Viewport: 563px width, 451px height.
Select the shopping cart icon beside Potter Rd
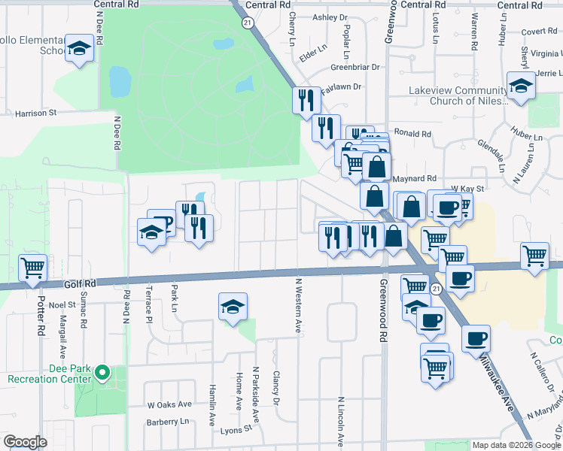click(32, 268)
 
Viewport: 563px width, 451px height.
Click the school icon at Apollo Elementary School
click(78, 50)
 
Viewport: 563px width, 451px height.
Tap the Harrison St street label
click(36, 114)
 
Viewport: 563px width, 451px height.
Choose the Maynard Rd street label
click(414, 179)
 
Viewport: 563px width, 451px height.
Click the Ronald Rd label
click(412, 134)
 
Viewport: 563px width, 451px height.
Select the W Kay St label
click(466, 188)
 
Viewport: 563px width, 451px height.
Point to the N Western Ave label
click(298, 306)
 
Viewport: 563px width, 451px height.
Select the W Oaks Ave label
click(169, 404)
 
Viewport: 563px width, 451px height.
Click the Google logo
click(25, 442)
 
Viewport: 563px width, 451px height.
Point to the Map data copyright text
click(516, 445)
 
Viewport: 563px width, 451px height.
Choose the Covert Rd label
click(537, 32)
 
